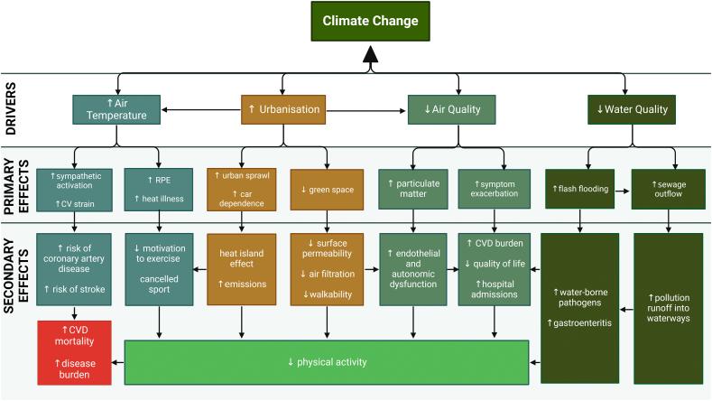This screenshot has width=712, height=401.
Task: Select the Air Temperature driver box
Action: pos(117,109)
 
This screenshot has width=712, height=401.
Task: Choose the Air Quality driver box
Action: pos(451,109)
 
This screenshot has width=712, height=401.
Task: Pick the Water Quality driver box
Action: pos(632,109)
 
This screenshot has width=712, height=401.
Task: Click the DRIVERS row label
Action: pos(19,110)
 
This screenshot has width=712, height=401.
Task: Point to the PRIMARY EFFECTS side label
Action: pos(19,185)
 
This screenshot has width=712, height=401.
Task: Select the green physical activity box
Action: pos(326,362)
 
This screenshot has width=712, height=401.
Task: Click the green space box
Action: pos(327,190)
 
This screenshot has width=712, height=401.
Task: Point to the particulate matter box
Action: pos(412,190)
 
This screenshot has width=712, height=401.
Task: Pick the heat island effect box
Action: pos(242,269)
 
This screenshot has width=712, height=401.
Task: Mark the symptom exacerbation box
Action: pos(494,190)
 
